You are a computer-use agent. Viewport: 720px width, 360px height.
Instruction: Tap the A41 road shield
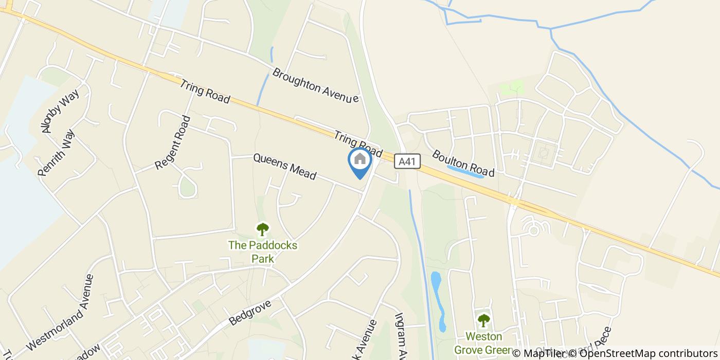(x=407, y=162)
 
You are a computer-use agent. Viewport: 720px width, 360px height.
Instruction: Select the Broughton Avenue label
(x=315, y=85)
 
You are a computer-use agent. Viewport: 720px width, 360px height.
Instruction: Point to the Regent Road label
(x=173, y=142)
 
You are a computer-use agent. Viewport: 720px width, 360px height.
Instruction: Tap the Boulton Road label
(x=463, y=163)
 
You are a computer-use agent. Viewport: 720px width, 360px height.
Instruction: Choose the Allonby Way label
(x=61, y=112)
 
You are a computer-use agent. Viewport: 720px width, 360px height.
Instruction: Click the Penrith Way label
(x=57, y=153)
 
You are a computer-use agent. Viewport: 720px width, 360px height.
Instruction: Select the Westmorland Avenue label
(x=60, y=312)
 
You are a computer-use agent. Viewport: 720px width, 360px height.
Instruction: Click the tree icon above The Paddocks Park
(x=263, y=229)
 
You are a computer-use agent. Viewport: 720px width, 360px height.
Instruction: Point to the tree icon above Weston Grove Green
(x=483, y=320)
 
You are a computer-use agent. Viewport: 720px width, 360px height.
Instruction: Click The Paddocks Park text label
(x=263, y=252)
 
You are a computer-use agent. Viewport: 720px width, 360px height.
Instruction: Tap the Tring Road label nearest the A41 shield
(x=358, y=145)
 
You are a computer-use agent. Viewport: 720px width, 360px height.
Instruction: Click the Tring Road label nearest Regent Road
(x=205, y=91)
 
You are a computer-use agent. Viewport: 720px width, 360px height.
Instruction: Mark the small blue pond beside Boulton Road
(x=465, y=172)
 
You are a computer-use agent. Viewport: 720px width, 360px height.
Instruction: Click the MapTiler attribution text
(x=540, y=353)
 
